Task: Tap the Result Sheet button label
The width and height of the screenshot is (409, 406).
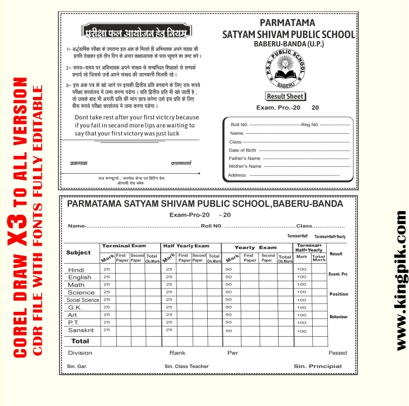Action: (x=286, y=96)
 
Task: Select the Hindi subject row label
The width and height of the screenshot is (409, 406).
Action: (x=76, y=270)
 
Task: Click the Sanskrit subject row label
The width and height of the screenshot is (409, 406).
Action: (x=81, y=330)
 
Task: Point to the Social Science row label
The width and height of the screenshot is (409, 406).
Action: (x=83, y=300)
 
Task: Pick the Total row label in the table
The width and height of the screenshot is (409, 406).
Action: (x=80, y=341)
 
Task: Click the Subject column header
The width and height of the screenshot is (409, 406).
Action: (x=78, y=253)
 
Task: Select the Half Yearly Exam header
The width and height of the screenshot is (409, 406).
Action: (x=186, y=246)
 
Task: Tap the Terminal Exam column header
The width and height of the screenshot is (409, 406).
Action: (x=124, y=246)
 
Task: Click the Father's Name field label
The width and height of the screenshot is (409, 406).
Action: (x=245, y=159)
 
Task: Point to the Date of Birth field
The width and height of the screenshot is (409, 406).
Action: (x=243, y=150)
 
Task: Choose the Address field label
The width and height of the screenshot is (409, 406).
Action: (x=237, y=175)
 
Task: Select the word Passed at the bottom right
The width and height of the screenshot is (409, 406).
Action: (x=338, y=353)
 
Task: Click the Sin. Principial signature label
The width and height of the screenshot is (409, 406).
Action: (x=318, y=366)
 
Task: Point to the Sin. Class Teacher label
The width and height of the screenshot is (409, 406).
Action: (x=187, y=366)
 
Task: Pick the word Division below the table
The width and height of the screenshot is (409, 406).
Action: (x=80, y=353)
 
